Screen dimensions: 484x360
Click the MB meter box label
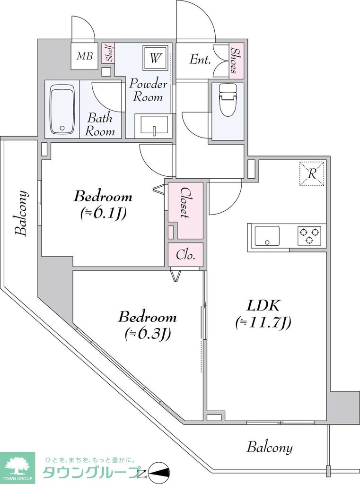click(x=85, y=56)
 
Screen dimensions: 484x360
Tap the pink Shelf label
click(x=107, y=54)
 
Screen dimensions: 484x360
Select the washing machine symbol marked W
click(x=155, y=59)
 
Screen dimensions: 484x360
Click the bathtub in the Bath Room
click(x=62, y=109)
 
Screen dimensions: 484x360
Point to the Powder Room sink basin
click(x=152, y=126)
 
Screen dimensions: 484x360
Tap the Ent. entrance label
click(x=200, y=60)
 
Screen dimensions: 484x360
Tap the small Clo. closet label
click(x=186, y=255)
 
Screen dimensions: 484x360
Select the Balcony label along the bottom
click(x=270, y=447)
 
